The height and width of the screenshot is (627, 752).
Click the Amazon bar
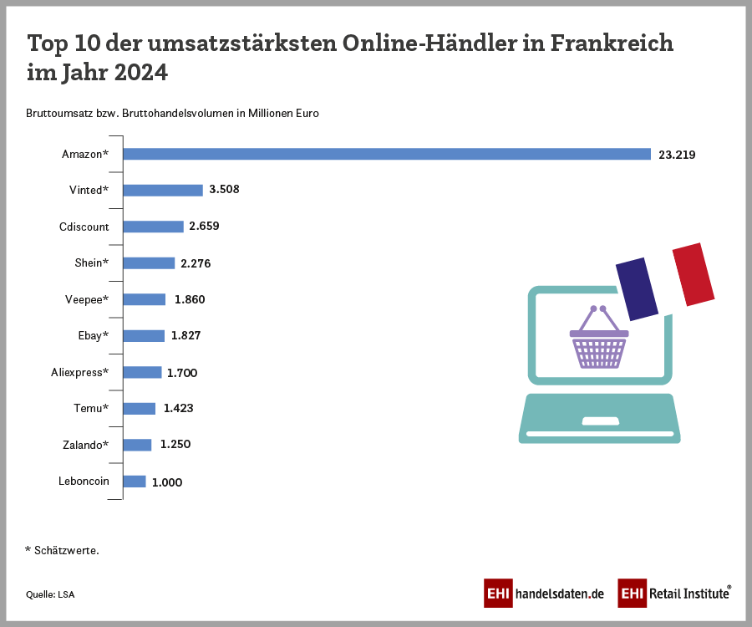coord(387,154)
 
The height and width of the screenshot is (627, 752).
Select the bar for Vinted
coord(163,190)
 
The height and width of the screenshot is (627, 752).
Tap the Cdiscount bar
coord(153,227)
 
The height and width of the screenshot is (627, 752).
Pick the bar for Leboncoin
coord(135,482)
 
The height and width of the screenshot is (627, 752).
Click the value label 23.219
coord(677,155)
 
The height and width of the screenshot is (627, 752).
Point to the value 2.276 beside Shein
coord(196,263)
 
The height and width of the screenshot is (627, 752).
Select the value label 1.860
coord(190,299)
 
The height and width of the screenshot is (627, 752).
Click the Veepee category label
coord(87,299)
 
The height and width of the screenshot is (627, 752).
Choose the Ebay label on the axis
coord(94,335)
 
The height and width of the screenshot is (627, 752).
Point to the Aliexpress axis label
coord(80,372)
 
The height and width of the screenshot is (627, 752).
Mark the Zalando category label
coord(85,445)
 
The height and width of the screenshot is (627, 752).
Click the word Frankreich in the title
coord(612,43)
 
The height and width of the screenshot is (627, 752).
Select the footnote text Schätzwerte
coord(67,550)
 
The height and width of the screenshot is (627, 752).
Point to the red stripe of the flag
coord(693,274)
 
